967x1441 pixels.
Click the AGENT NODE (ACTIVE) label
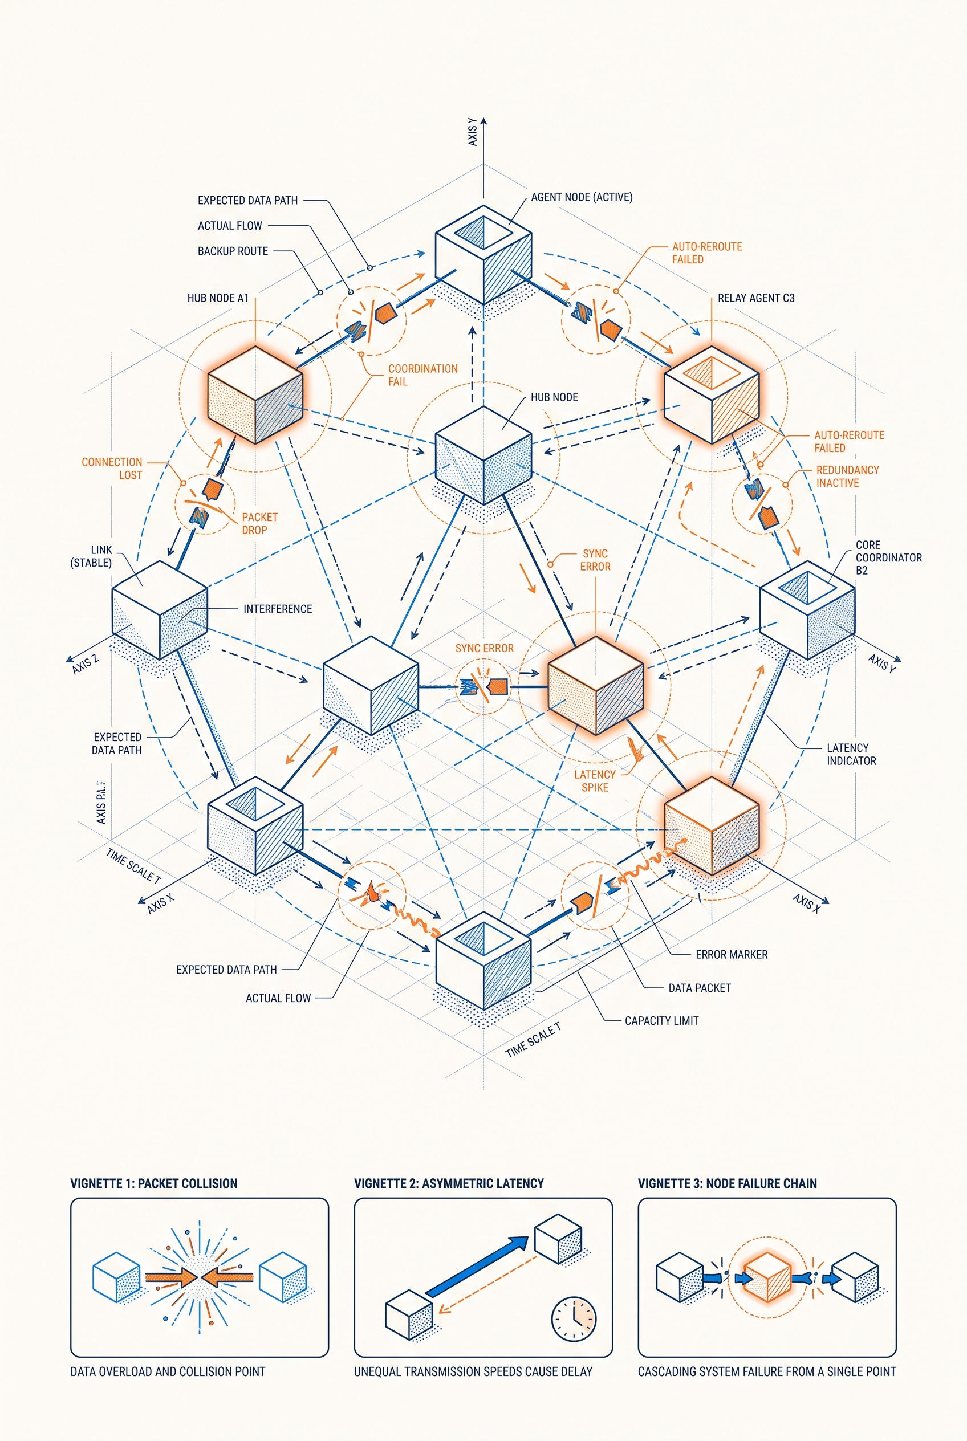[x=582, y=197]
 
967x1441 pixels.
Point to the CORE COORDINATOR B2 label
[x=889, y=557]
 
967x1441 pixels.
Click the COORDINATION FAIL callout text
[x=423, y=375]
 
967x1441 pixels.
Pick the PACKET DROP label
[x=259, y=523]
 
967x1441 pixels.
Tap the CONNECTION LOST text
[x=112, y=469]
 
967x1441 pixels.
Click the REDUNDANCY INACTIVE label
[x=847, y=476]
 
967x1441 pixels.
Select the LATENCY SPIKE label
[x=595, y=780]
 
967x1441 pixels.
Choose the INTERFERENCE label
[x=278, y=609]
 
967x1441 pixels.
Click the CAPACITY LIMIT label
[x=662, y=1021]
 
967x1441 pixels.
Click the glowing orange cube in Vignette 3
[x=767, y=1276]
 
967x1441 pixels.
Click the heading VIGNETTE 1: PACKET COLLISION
[x=153, y=1183]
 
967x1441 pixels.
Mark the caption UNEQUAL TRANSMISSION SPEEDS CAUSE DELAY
[x=473, y=1372]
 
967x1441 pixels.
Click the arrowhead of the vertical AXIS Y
[x=483, y=121]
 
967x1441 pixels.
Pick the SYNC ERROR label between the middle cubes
[x=484, y=649]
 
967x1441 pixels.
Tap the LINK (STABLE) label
[x=91, y=556]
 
